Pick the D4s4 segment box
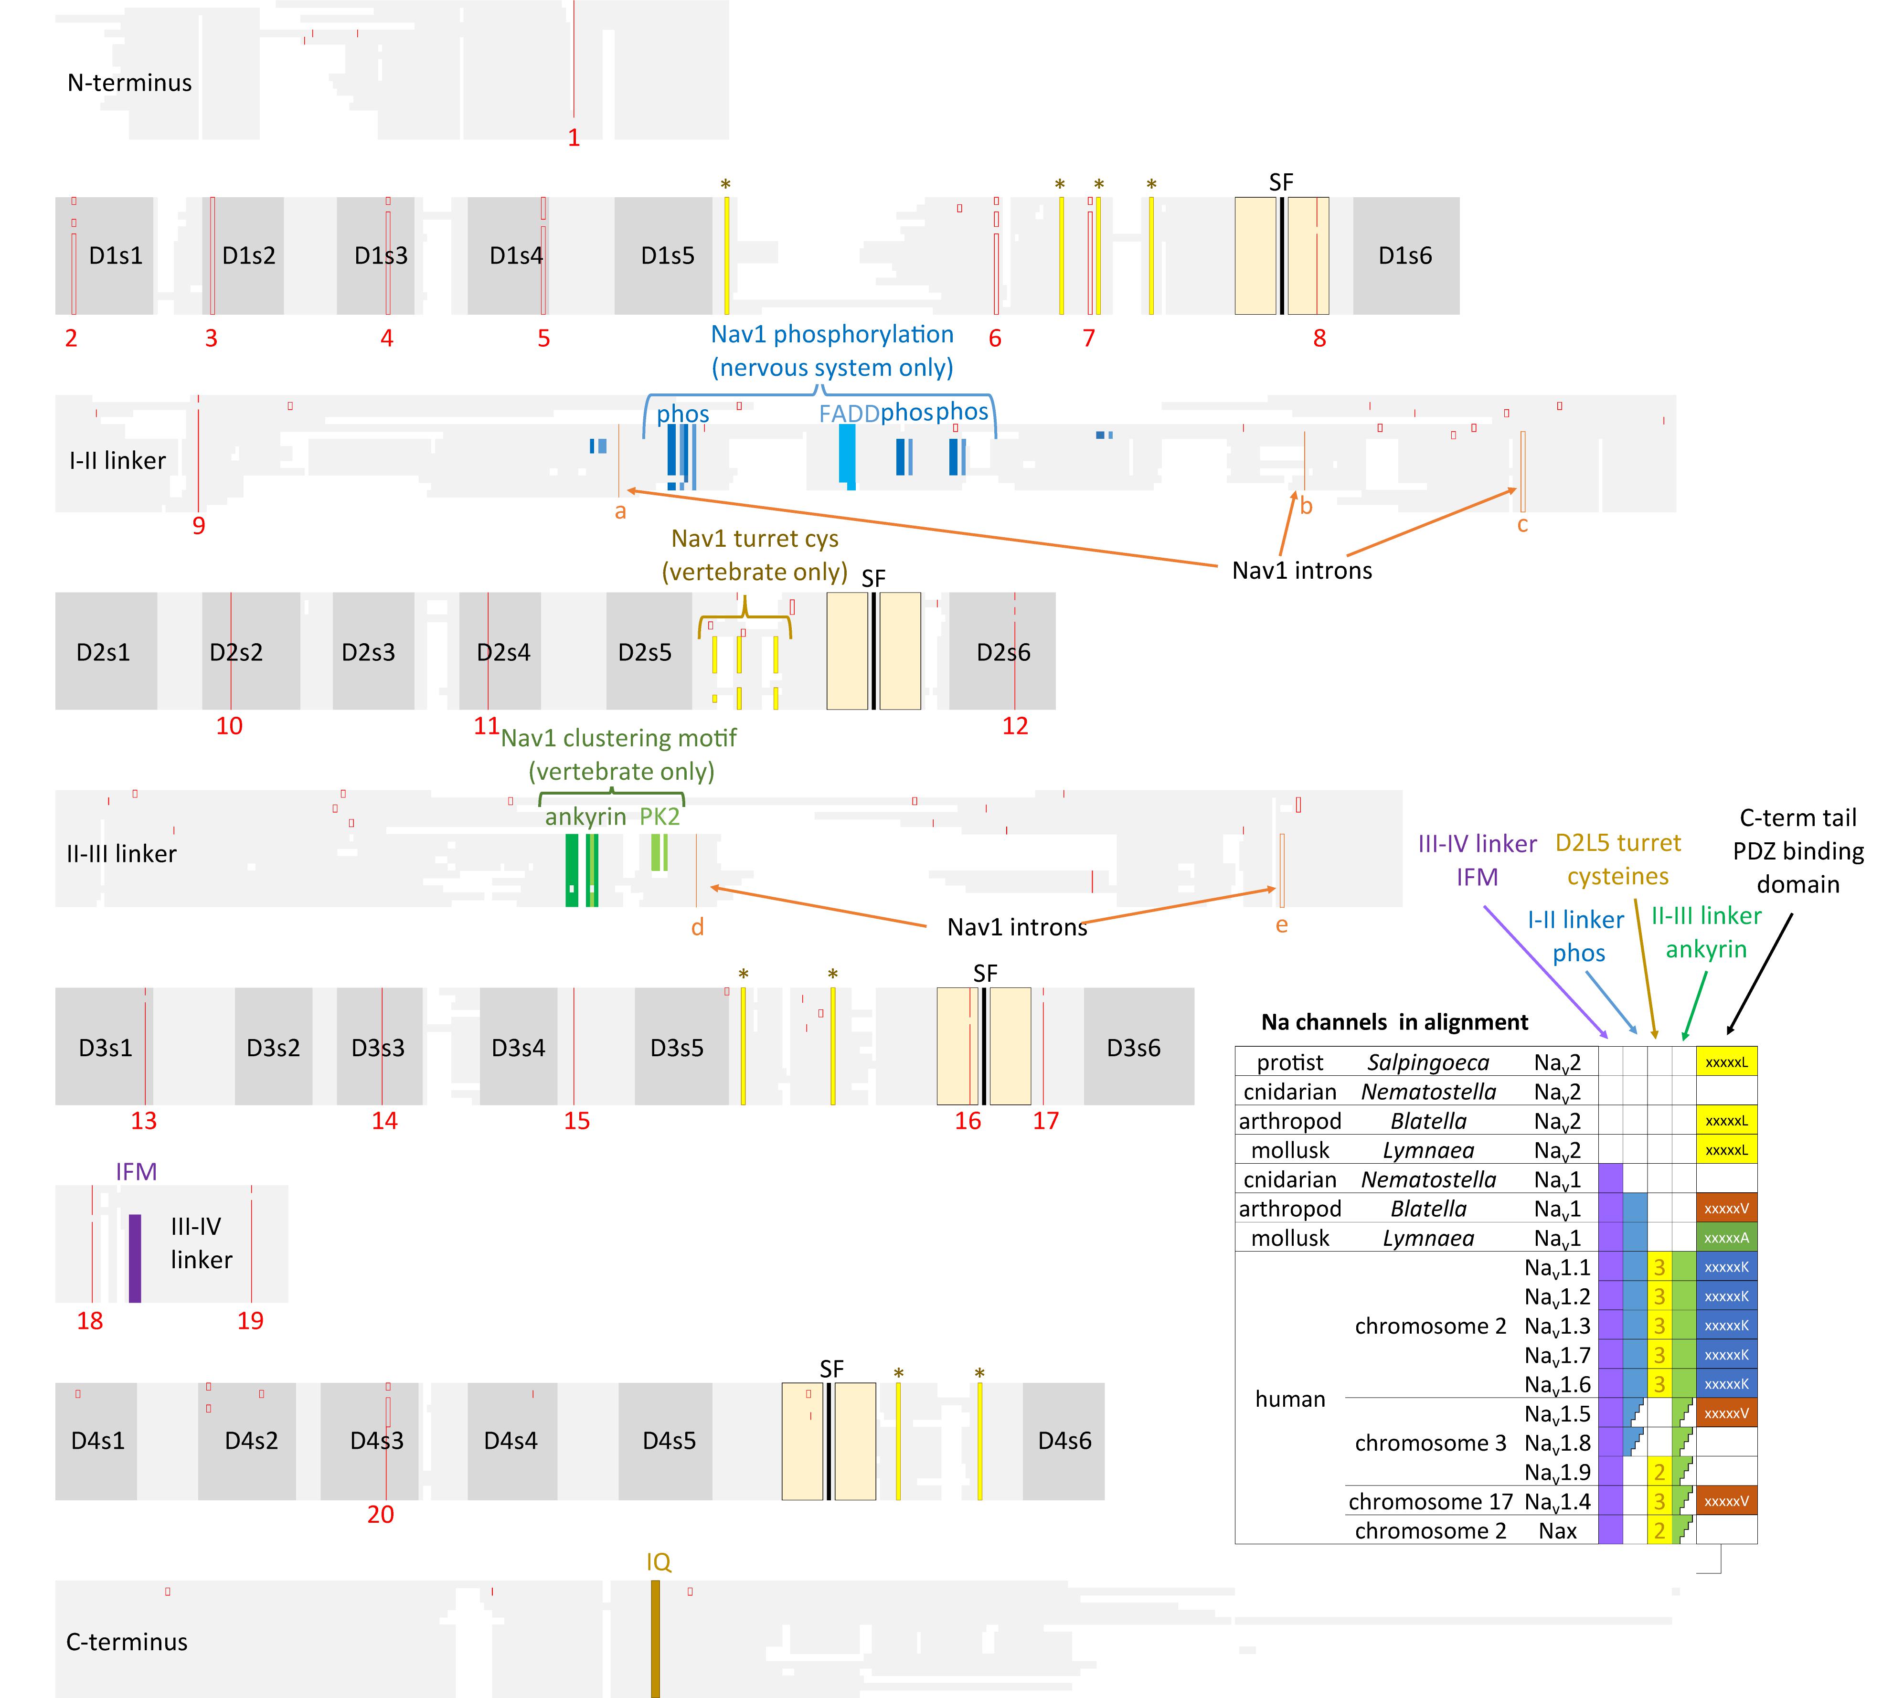[x=511, y=1441]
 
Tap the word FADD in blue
[x=848, y=414]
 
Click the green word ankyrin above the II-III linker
[x=585, y=817]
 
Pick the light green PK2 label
[x=659, y=817]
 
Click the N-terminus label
[x=130, y=83]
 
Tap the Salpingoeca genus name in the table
[x=1427, y=1062]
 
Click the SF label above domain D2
[x=873, y=578]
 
